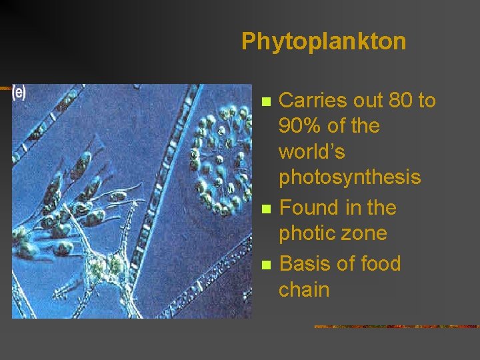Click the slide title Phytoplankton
click(323, 41)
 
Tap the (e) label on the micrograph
click(19, 93)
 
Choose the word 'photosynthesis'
click(349, 177)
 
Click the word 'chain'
click(304, 289)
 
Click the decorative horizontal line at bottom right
click(397, 327)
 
